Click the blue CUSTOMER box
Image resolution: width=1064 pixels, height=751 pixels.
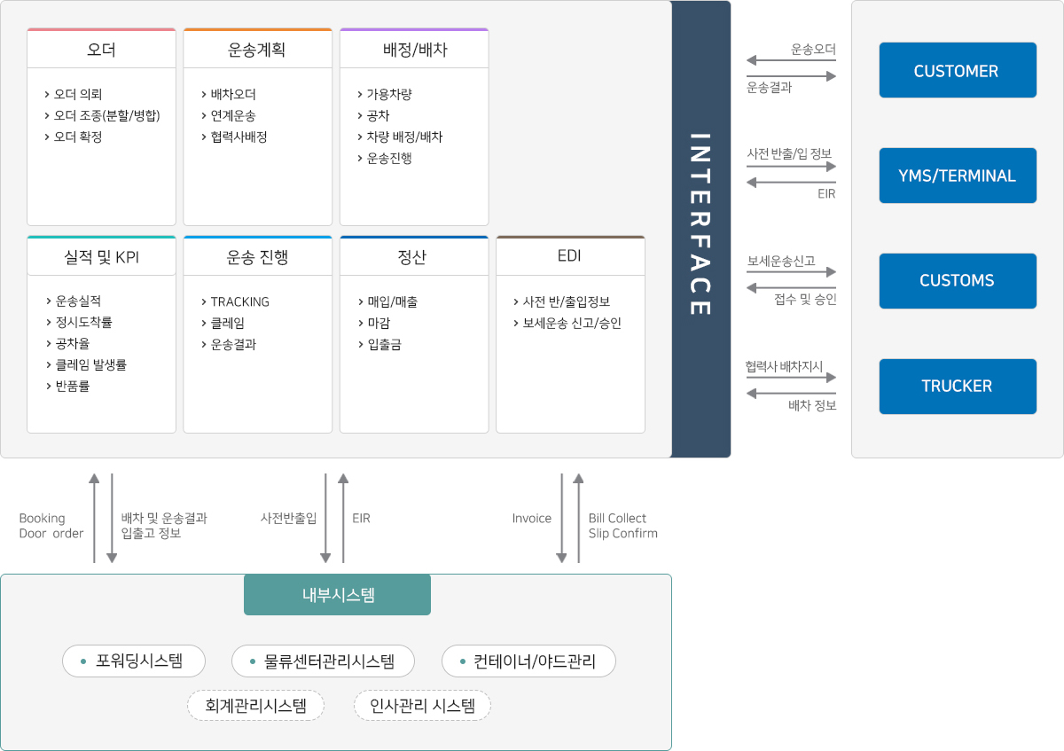[x=958, y=71]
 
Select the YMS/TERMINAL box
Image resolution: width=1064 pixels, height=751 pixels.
[x=958, y=176]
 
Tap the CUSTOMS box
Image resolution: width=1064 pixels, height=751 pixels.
[x=958, y=281]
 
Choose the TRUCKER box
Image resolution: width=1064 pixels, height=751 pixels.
[x=958, y=387]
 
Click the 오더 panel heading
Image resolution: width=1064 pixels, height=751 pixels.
[x=101, y=50]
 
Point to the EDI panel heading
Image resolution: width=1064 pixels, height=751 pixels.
[x=570, y=257]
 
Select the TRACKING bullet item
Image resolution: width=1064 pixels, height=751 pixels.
[x=239, y=301]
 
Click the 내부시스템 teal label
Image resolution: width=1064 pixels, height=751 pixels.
[x=337, y=595]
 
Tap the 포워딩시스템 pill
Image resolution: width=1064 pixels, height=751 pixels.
[x=134, y=661]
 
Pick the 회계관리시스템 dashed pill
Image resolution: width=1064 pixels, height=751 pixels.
[x=255, y=706]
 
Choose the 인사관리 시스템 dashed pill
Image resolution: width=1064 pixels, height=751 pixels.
[x=422, y=706]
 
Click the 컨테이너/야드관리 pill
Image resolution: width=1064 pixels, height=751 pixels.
[x=528, y=661]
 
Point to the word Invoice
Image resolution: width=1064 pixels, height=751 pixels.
[x=532, y=519]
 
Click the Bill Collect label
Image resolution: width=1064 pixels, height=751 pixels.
[x=617, y=519]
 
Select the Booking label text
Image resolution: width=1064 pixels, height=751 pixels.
[x=43, y=519]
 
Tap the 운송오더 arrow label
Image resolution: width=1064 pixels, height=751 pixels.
[x=813, y=50]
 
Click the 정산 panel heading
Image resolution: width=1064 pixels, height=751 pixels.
[x=413, y=257]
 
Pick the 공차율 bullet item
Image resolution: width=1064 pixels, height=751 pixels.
[x=73, y=344]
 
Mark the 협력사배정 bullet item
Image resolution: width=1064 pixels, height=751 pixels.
[x=239, y=137]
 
